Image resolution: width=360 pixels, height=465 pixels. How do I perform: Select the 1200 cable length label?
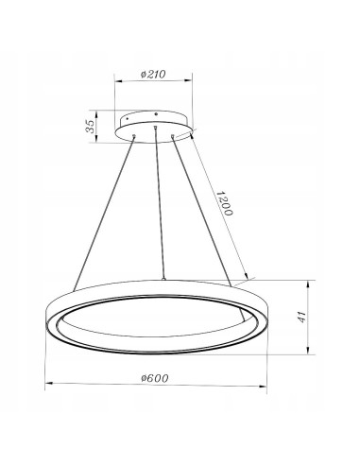(x=224, y=204)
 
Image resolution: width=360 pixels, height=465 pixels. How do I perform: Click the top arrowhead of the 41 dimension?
(x=312, y=283)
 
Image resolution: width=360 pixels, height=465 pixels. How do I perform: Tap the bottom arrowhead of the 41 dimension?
(x=312, y=354)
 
